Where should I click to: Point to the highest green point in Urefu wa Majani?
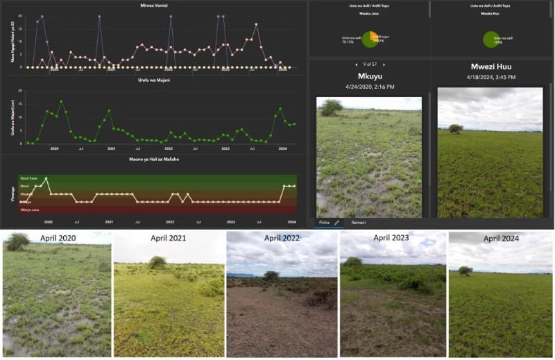(61, 101)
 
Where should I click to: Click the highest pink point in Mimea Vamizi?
(256, 24)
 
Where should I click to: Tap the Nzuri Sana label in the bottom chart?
(28, 179)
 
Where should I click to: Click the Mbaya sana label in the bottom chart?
(30, 209)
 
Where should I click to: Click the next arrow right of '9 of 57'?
(384, 65)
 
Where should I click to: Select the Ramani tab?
(358, 223)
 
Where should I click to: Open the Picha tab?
(325, 223)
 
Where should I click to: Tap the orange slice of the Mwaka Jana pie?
(375, 37)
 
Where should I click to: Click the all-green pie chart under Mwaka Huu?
(492, 40)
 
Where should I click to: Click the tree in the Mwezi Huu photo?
(456, 128)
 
